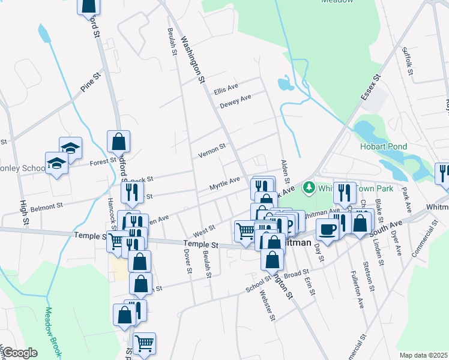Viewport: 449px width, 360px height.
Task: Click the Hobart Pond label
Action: pos(384,146)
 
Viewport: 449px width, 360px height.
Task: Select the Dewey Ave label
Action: pos(235,102)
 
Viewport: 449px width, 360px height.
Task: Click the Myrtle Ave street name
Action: pos(224,183)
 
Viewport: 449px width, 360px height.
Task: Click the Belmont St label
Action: pos(47,206)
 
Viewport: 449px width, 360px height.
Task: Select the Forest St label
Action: pos(103,161)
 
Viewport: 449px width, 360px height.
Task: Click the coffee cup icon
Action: pos(328,229)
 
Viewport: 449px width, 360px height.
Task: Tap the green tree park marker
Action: pos(309,188)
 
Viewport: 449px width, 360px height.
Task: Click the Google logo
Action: pos(20,353)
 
